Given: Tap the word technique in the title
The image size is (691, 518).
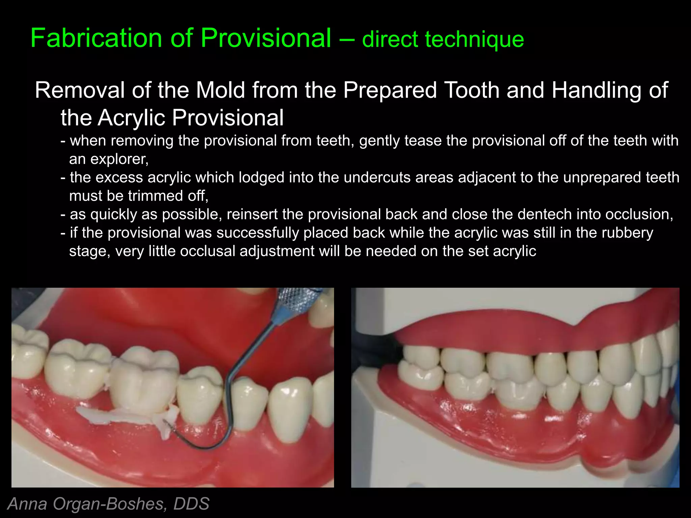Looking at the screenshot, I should pyautogui.click(x=474, y=39).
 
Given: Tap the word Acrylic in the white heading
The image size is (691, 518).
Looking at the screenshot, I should pyautogui.click(x=132, y=118).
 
